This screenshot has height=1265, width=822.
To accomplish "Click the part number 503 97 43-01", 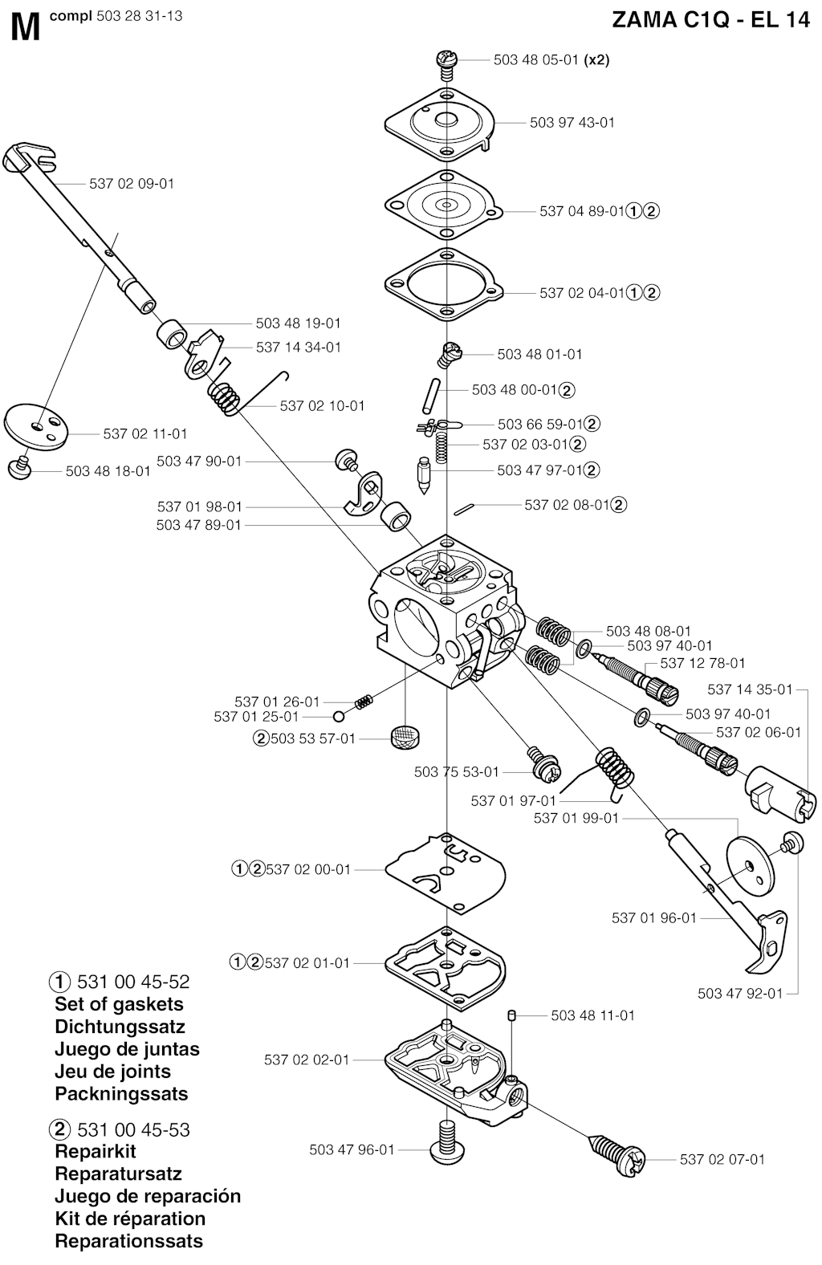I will tap(572, 123).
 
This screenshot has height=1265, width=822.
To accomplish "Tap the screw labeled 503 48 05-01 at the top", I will tap(446, 61).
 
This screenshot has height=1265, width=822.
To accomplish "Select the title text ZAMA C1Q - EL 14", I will tap(710, 20).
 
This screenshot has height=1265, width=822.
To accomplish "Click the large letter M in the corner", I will tap(26, 28).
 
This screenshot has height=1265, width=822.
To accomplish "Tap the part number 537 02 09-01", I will tap(132, 184).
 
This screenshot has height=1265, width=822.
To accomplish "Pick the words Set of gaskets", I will tap(119, 1004).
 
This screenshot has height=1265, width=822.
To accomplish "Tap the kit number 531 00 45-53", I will tap(133, 1130).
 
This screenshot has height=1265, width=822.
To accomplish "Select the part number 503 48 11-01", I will tap(592, 1015).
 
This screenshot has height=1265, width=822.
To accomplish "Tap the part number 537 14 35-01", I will tap(750, 689).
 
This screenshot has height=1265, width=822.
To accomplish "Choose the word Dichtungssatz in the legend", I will tap(120, 1027).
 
